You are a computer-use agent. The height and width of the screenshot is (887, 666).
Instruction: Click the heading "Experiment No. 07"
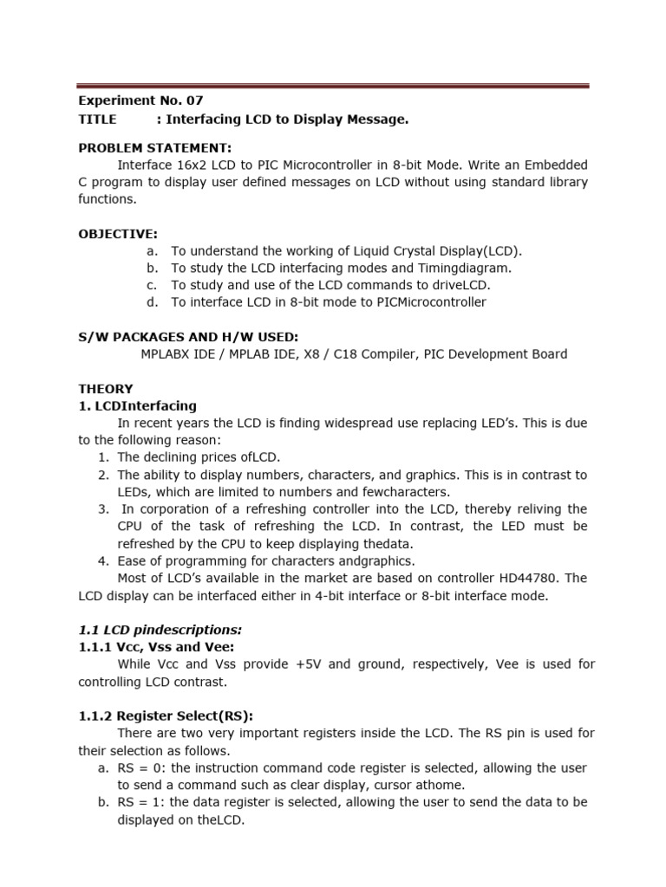pos(140,101)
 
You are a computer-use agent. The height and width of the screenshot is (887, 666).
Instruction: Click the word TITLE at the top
pos(96,120)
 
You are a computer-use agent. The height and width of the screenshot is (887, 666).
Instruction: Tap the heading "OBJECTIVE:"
pos(118,234)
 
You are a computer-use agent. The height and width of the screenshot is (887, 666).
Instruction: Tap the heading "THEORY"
pos(106,389)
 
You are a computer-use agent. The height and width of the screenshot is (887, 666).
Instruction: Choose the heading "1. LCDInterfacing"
pos(137,405)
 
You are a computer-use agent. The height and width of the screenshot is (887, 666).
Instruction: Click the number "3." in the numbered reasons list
pos(103,509)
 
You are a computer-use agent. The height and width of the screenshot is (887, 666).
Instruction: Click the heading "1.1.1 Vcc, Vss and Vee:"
pos(157,646)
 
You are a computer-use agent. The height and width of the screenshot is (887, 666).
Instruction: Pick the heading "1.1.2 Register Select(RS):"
pos(166,715)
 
